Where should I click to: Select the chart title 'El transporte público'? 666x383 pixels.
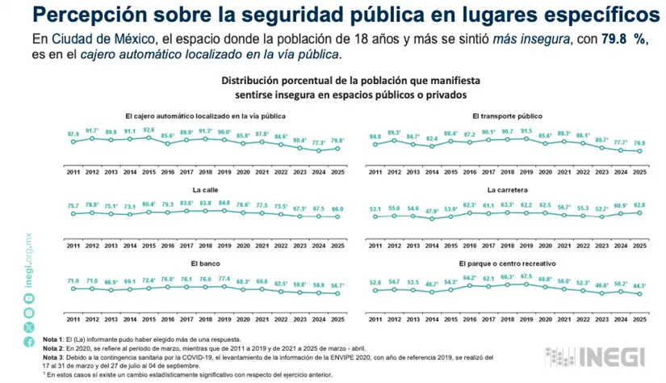pyautogui.click(x=507, y=116)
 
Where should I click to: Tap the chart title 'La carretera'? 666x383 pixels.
pyautogui.click(x=507, y=190)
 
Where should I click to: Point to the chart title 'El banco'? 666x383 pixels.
pyautogui.click(x=205, y=263)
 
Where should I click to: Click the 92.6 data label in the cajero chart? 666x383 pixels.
pyautogui.click(x=149, y=129)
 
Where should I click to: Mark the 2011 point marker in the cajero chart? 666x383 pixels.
pyautogui.click(x=73, y=141)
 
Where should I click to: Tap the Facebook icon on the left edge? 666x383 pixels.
pyautogui.click(x=29, y=343)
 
